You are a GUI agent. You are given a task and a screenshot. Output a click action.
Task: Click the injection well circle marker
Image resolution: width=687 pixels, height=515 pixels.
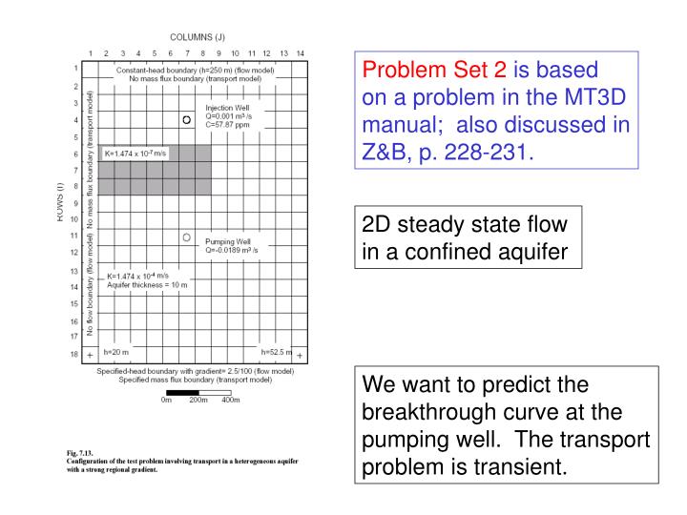[187, 119]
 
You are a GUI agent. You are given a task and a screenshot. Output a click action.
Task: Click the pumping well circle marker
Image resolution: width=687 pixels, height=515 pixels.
[187, 237]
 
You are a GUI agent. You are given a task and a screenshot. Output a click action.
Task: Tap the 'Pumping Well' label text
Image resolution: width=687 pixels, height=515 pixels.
[227, 242]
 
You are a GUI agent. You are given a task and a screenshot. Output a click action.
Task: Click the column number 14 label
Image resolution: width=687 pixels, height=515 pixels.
[300, 52]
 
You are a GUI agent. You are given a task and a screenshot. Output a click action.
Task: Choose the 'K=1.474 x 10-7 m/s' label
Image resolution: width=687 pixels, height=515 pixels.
[134, 154]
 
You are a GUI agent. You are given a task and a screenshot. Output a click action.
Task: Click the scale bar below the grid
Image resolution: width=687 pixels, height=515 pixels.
[198, 391]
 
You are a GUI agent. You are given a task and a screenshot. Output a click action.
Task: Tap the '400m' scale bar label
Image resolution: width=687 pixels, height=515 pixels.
[230, 401]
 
